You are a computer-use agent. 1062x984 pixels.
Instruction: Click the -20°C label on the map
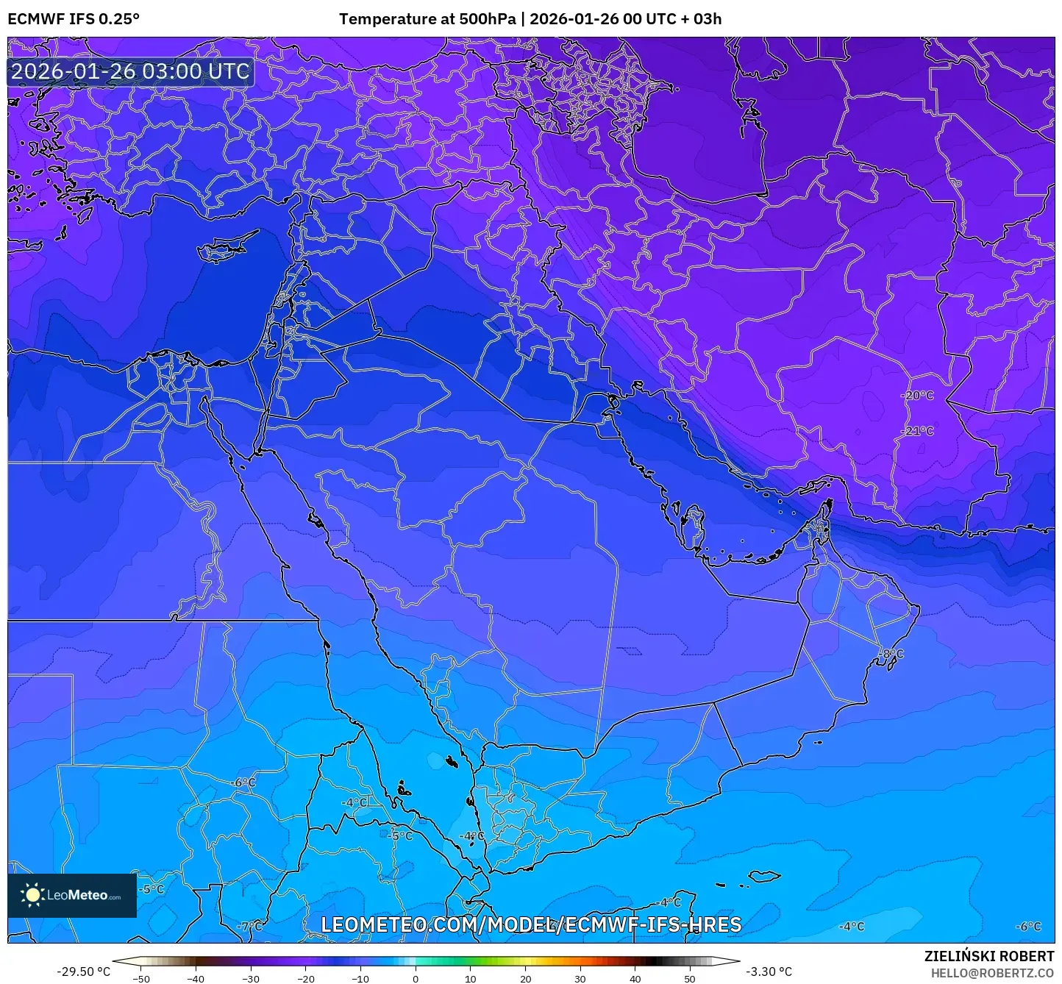(x=918, y=396)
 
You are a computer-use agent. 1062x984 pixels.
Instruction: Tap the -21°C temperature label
(x=918, y=431)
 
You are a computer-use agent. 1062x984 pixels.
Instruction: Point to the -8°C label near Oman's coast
(x=891, y=654)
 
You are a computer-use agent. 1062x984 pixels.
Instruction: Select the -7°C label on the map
(x=251, y=926)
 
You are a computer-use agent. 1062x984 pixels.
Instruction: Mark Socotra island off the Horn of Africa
(x=765, y=876)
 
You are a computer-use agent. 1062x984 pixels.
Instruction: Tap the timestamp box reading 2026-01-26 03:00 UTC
(x=130, y=71)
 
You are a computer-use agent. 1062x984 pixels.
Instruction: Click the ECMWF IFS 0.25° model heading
(x=74, y=19)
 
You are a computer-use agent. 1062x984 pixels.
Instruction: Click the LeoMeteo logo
(x=72, y=895)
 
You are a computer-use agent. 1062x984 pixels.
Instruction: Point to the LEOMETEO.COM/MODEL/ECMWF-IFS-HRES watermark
(x=531, y=924)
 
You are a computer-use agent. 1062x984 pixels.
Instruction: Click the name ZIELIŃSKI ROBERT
(x=989, y=956)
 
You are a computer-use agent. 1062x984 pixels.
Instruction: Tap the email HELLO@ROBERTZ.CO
(x=992, y=973)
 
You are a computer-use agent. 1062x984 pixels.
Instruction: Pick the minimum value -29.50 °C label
(x=83, y=971)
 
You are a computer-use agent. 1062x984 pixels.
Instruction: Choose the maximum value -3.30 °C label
(x=769, y=971)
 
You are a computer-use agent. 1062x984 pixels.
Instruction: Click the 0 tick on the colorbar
(x=416, y=979)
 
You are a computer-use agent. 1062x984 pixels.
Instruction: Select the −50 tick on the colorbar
(x=140, y=979)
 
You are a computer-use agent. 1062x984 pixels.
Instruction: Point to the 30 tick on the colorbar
(x=580, y=979)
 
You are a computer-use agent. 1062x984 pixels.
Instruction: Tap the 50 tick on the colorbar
(x=690, y=979)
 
